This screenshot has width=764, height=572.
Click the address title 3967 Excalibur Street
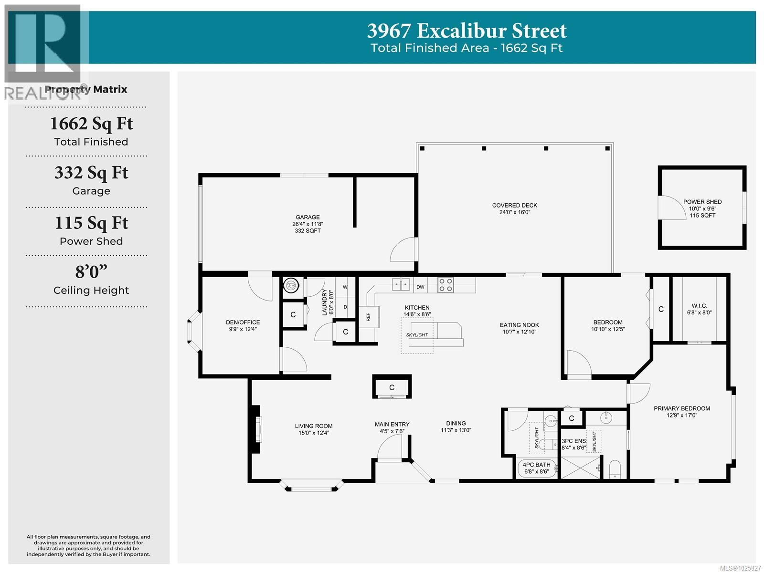(x=467, y=31)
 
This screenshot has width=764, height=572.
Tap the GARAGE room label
(x=308, y=218)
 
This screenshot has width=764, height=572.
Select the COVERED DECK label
(x=515, y=206)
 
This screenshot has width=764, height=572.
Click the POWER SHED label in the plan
(x=702, y=202)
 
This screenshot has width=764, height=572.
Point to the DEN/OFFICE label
(x=243, y=322)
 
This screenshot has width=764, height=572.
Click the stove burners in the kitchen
(x=446, y=285)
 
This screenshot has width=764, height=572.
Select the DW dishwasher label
(x=420, y=287)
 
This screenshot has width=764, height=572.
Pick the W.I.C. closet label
(x=699, y=306)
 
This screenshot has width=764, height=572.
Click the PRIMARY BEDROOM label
(x=681, y=408)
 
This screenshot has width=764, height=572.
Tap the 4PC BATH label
(x=536, y=465)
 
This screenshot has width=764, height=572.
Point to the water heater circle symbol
(x=291, y=286)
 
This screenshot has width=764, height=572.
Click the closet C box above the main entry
(x=392, y=387)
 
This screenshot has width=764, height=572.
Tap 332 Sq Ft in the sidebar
(x=91, y=173)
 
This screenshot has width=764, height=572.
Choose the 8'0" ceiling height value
(x=91, y=272)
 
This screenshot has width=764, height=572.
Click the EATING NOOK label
(x=519, y=325)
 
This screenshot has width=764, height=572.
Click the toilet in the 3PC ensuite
(x=615, y=469)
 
